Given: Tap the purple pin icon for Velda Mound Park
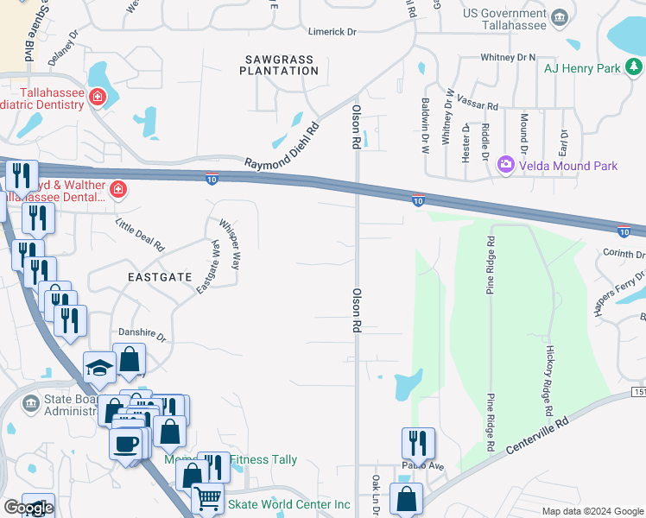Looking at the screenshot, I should [x=506, y=164].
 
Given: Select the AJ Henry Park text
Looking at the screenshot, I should [x=584, y=68].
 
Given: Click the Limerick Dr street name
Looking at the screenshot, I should [x=333, y=32].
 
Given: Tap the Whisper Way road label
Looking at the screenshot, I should [x=230, y=243].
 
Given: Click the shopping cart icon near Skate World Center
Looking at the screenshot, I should [x=207, y=497].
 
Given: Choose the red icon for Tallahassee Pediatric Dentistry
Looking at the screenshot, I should [x=98, y=95].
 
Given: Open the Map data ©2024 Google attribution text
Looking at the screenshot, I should [x=592, y=511].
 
